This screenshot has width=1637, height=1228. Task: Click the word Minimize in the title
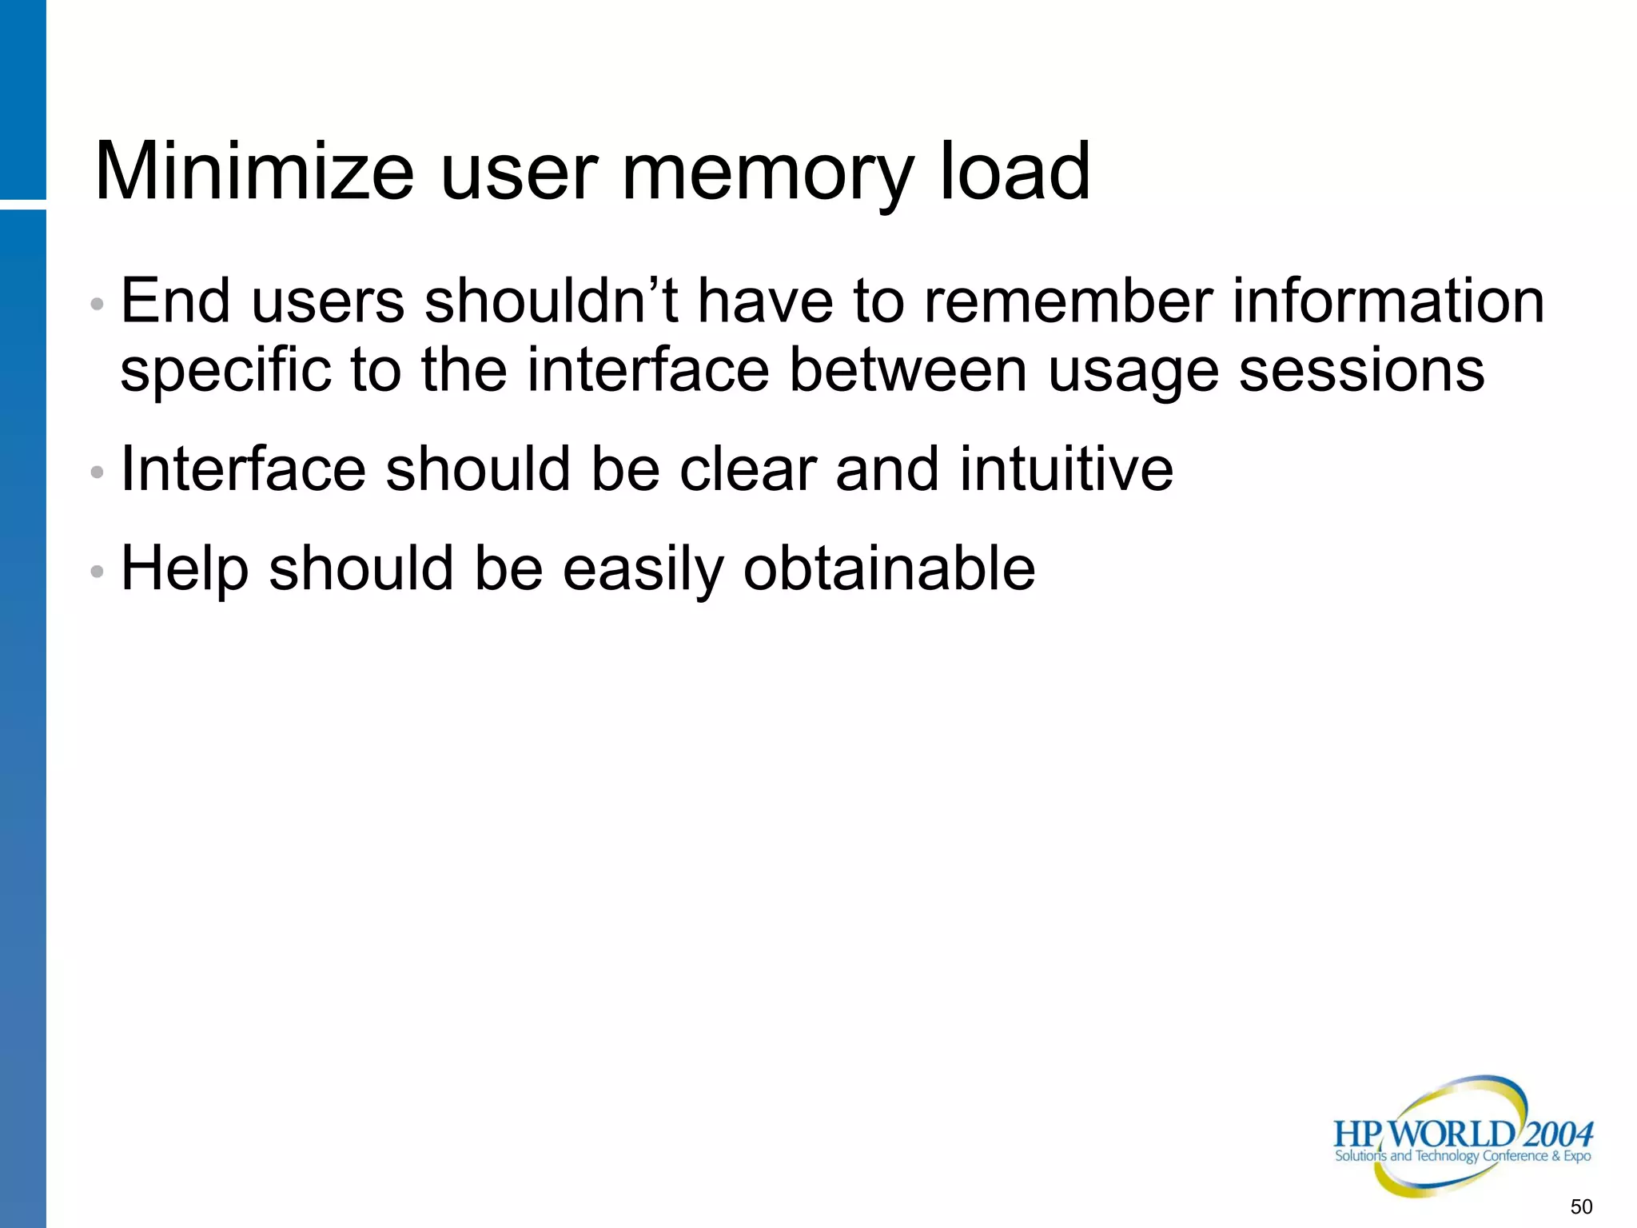coord(254,171)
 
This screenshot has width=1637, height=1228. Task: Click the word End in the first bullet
coord(175,301)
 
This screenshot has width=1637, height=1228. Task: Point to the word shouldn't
coord(552,301)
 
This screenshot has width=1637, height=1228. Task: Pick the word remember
coord(1068,301)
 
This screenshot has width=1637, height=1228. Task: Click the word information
coord(1388,301)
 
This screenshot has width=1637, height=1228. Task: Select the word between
coord(907,369)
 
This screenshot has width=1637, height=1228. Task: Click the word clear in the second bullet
coord(747,469)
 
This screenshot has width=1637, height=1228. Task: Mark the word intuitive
coord(1066,469)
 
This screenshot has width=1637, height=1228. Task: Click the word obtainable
coord(889,568)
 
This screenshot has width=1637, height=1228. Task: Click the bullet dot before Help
coord(98,572)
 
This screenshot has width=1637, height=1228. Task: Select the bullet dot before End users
coord(98,305)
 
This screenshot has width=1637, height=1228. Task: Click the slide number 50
coord(1581,1206)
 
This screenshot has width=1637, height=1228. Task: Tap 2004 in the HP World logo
coord(1558,1134)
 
